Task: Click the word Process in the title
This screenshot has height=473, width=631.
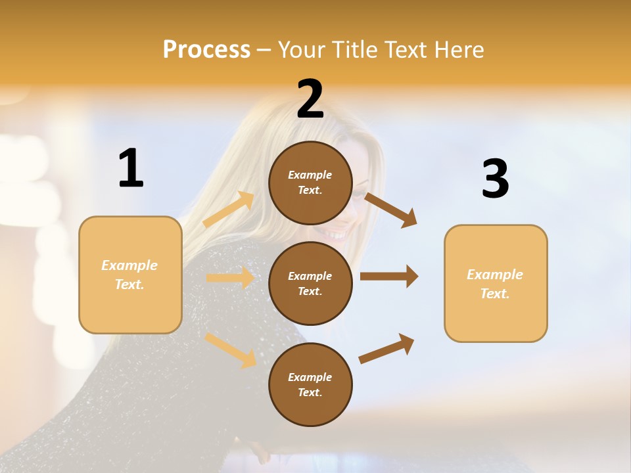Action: pyautogui.click(x=206, y=50)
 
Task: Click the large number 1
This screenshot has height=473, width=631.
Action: pyautogui.click(x=131, y=169)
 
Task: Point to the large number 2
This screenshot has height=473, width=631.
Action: pyautogui.click(x=310, y=99)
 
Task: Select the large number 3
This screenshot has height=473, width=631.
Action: pyautogui.click(x=495, y=179)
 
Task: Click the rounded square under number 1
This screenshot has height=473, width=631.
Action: pyautogui.click(x=130, y=275)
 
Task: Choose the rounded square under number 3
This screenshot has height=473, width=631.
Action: pyautogui.click(x=496, y=283)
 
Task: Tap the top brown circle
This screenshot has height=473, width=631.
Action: pyautogui.click(x=310, y=183)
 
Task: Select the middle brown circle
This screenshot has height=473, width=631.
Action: pyautogui.click(x=310, y=283)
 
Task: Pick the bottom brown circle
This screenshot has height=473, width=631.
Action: pyautogui.click(x=310, y=384)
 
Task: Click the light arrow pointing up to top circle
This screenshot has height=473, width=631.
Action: pyautogui.click(x=229, y=210)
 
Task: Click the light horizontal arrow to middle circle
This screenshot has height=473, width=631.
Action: pyautogui.click(x=230, y=278)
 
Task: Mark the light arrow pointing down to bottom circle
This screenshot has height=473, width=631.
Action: pyautogui.click(x=231, y=349)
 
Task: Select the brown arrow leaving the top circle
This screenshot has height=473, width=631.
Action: pyautogui.click(x=391, y=210)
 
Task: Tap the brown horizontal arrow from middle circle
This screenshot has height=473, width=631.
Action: pyautogui.click(x=389, y=276)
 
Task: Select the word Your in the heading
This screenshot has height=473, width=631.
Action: pyautogui.click(x=302, y=50)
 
